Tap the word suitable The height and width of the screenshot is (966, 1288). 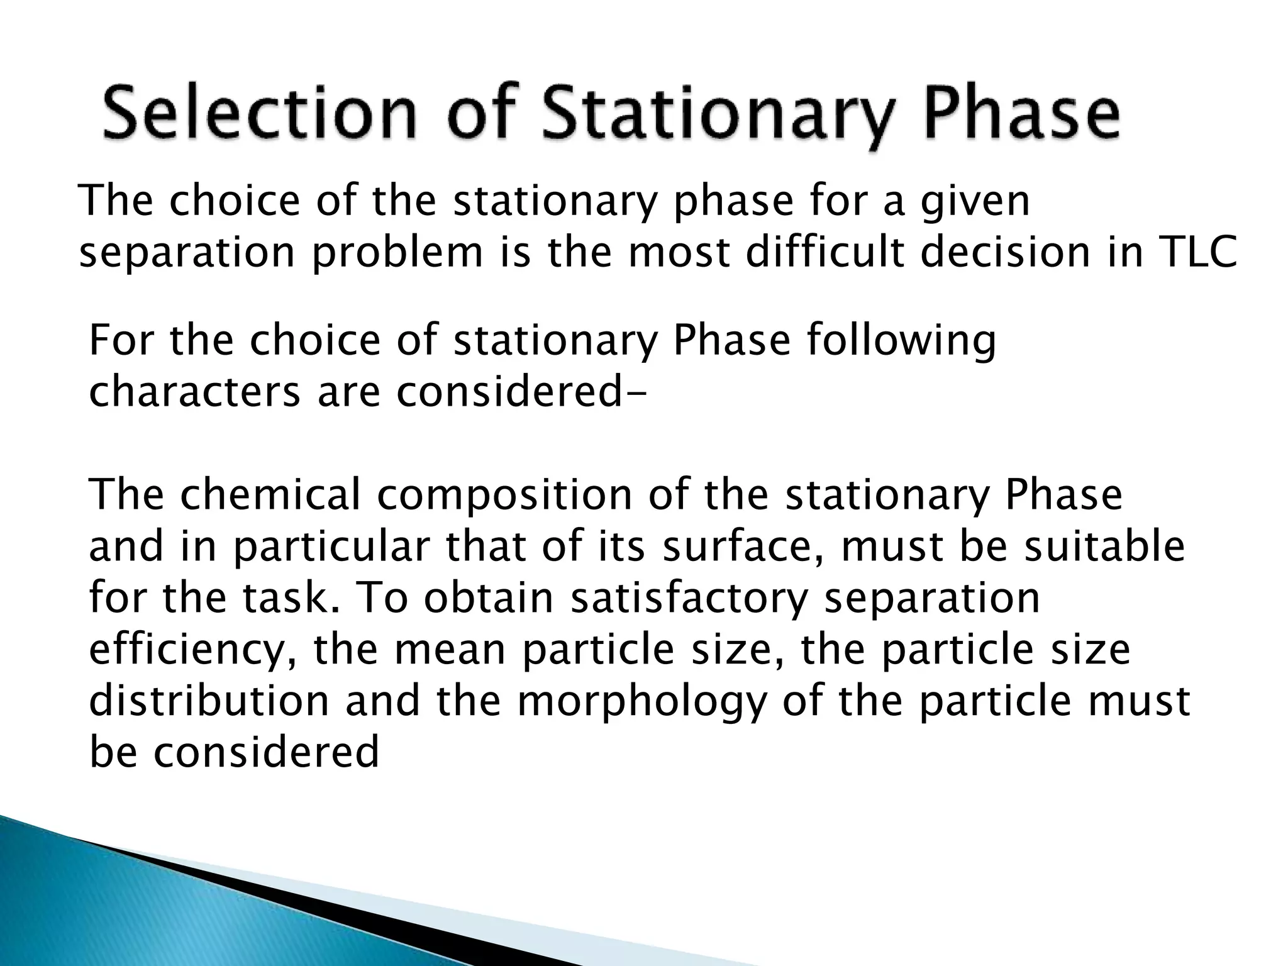1104,546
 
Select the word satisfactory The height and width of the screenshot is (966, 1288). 688,598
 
